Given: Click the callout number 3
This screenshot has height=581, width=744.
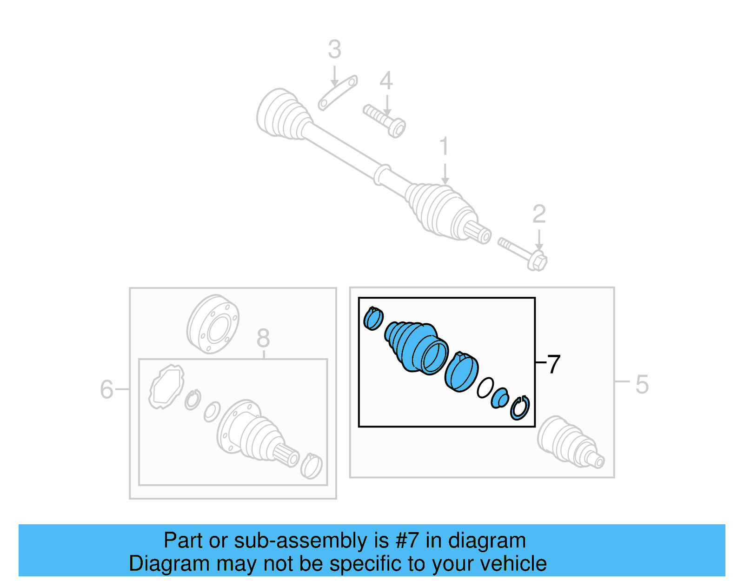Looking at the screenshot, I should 334,49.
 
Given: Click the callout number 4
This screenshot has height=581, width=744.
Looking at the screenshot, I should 386,81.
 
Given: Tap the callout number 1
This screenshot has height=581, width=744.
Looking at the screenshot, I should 444,147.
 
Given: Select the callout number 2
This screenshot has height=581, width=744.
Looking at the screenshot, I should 539,214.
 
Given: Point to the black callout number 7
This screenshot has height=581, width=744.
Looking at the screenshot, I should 553,364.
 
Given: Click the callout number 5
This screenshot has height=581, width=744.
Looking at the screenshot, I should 642,385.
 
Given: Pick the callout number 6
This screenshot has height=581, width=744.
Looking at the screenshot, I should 106,389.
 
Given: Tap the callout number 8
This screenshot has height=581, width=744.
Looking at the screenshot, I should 263,338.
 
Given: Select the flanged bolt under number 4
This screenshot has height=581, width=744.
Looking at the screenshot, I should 385,120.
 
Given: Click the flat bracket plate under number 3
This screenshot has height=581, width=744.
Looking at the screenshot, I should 338,93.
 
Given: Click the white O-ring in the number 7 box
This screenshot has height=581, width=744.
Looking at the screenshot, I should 485,387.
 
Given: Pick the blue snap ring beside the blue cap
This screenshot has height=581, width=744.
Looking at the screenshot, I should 520,407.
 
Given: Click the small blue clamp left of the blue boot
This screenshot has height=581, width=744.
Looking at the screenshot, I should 373,319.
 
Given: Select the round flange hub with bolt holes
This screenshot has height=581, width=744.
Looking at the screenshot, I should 213,324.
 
